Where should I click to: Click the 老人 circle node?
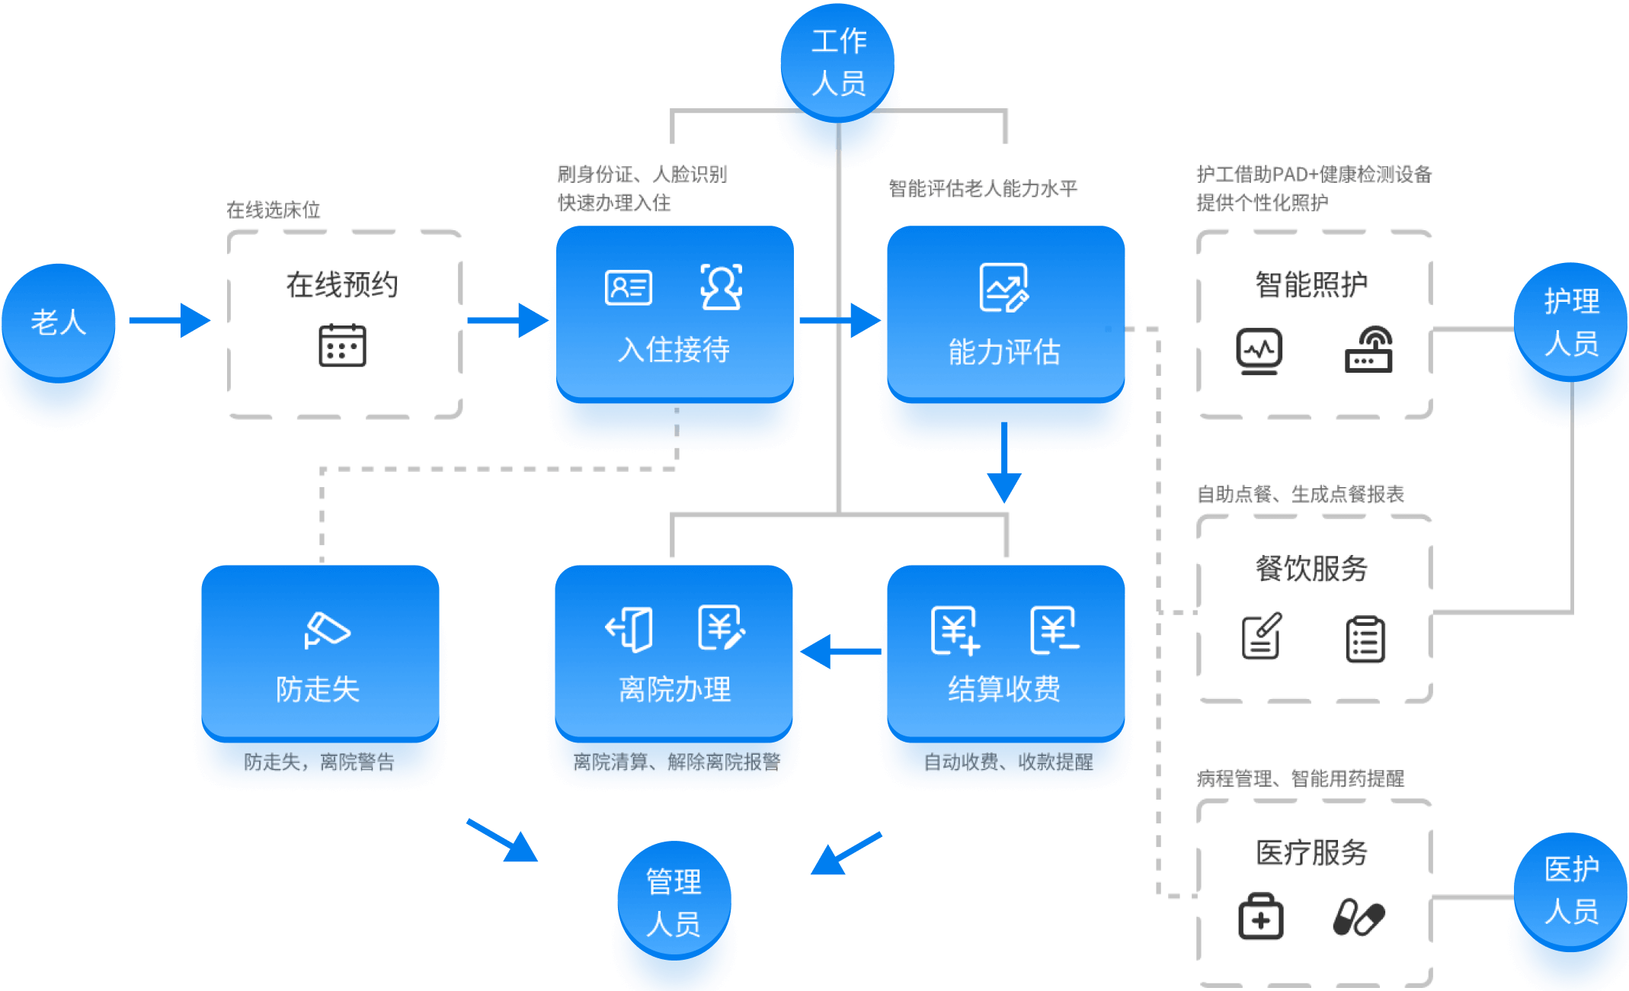pos(59,321)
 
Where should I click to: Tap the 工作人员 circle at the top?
pos(838,62)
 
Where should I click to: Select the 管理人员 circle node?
pos(674,900)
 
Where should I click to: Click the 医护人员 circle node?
pos(1571,890)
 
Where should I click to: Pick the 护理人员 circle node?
pos(1571,322)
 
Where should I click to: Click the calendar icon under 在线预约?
pos(342,345)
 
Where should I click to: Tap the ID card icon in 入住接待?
pos(629,287)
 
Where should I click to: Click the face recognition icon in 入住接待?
pos(721,287)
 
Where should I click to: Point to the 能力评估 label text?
pos(1004,352)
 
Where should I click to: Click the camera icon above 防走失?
pos(327,630)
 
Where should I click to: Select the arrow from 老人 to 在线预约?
pos(169,320)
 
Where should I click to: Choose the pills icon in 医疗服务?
pos(1359,917)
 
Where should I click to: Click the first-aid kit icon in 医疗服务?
pos(1261,917)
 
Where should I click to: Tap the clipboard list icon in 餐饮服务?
pos(1365,639)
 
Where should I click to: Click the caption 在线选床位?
pos(274,210)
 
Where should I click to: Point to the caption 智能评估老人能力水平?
pos(983,188)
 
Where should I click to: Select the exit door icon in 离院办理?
pos(629,630)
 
